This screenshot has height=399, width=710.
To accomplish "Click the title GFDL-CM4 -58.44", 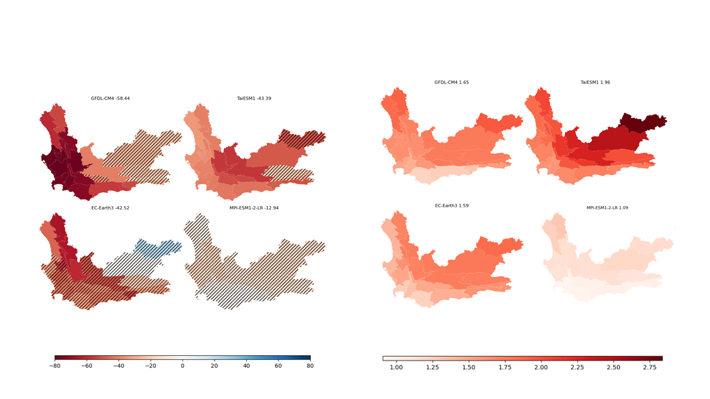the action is [x=110, y=99].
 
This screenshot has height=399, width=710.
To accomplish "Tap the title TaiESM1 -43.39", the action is [x=254, y=99].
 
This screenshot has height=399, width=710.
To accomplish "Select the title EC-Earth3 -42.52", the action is [x=110, y=208].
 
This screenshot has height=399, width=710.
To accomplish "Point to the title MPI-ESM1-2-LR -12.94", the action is [x=254, y=208].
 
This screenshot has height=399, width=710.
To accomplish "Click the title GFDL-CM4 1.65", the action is [x=452, y=83].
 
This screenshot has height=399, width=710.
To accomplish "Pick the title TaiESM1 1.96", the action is [x=595, y=83].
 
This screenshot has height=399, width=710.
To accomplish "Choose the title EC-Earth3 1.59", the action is [x=452, y=206].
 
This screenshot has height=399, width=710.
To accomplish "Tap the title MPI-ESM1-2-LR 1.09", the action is [x=607, y=208].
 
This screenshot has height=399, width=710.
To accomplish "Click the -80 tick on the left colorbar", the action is [x=55, y=366].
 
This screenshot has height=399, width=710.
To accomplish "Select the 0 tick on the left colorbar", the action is [x=182, y=366].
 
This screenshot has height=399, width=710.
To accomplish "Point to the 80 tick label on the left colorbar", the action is [x=310, y=366].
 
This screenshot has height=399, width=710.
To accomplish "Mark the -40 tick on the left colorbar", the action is [x=119, y=366].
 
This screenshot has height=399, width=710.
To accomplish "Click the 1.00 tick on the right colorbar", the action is [x=396, y=367].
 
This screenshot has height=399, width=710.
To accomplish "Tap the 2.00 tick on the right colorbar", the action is [x=541, y=367].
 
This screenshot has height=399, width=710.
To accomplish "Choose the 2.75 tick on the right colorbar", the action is [x=650, y=367].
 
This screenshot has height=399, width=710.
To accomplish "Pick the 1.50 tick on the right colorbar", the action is [x=469, y=367].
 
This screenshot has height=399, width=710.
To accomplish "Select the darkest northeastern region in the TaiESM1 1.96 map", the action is [x=643, y=122].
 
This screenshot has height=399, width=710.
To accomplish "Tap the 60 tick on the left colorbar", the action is [x=278, y=366].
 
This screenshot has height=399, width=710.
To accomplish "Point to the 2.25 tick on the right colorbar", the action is [x=577, y=367].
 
